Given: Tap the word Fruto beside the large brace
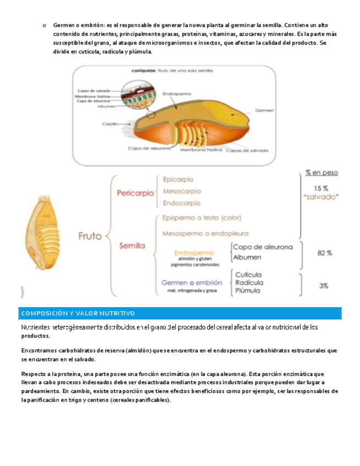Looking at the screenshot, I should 91,236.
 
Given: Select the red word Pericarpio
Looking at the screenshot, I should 135,193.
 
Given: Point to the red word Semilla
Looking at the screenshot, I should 133,246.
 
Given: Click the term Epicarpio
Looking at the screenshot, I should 178,179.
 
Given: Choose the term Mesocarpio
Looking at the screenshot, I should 182,192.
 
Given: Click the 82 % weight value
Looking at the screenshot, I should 325,253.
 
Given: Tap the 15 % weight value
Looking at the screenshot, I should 321,187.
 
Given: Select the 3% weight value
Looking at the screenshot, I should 324,285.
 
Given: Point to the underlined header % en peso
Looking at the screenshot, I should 322,172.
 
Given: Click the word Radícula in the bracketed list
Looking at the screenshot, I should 249,282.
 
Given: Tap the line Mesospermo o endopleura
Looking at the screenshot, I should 206,233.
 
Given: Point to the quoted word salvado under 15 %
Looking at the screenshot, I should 321,197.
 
